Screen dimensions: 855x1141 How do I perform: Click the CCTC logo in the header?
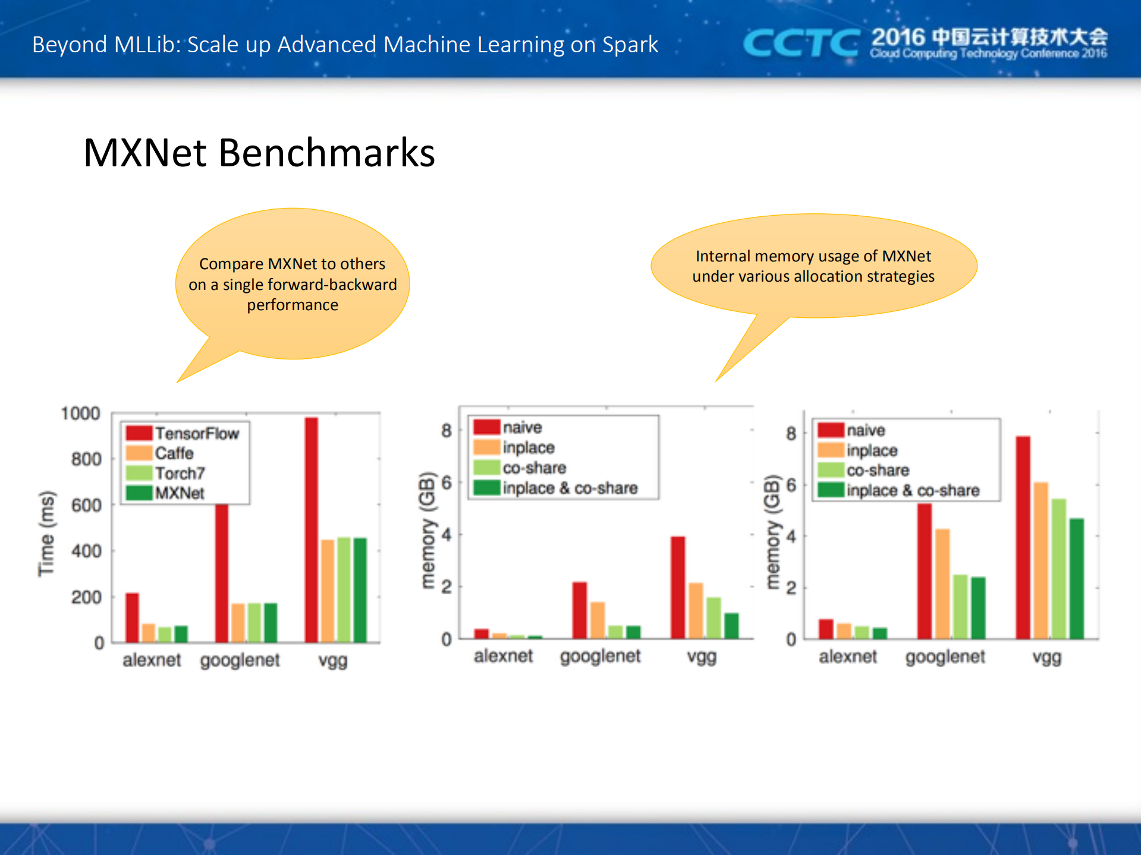coord(800,43)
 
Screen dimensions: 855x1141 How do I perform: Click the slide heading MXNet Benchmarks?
coord(259,153)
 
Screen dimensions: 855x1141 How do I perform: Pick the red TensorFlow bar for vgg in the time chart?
coord(311,529)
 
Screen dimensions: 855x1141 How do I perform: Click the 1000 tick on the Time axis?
coord(80,414)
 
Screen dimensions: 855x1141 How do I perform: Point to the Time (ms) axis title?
coord(46,533)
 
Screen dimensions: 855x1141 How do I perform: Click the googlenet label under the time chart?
coord(240,660)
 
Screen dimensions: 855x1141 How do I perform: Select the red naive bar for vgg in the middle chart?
coord(678,587)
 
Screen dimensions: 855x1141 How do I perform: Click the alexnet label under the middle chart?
coord(503,656)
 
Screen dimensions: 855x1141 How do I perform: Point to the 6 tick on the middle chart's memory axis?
coord(447,482)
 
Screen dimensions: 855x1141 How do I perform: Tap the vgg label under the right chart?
coord(1046,657)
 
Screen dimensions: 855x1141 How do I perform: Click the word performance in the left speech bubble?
coord(293,305)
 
